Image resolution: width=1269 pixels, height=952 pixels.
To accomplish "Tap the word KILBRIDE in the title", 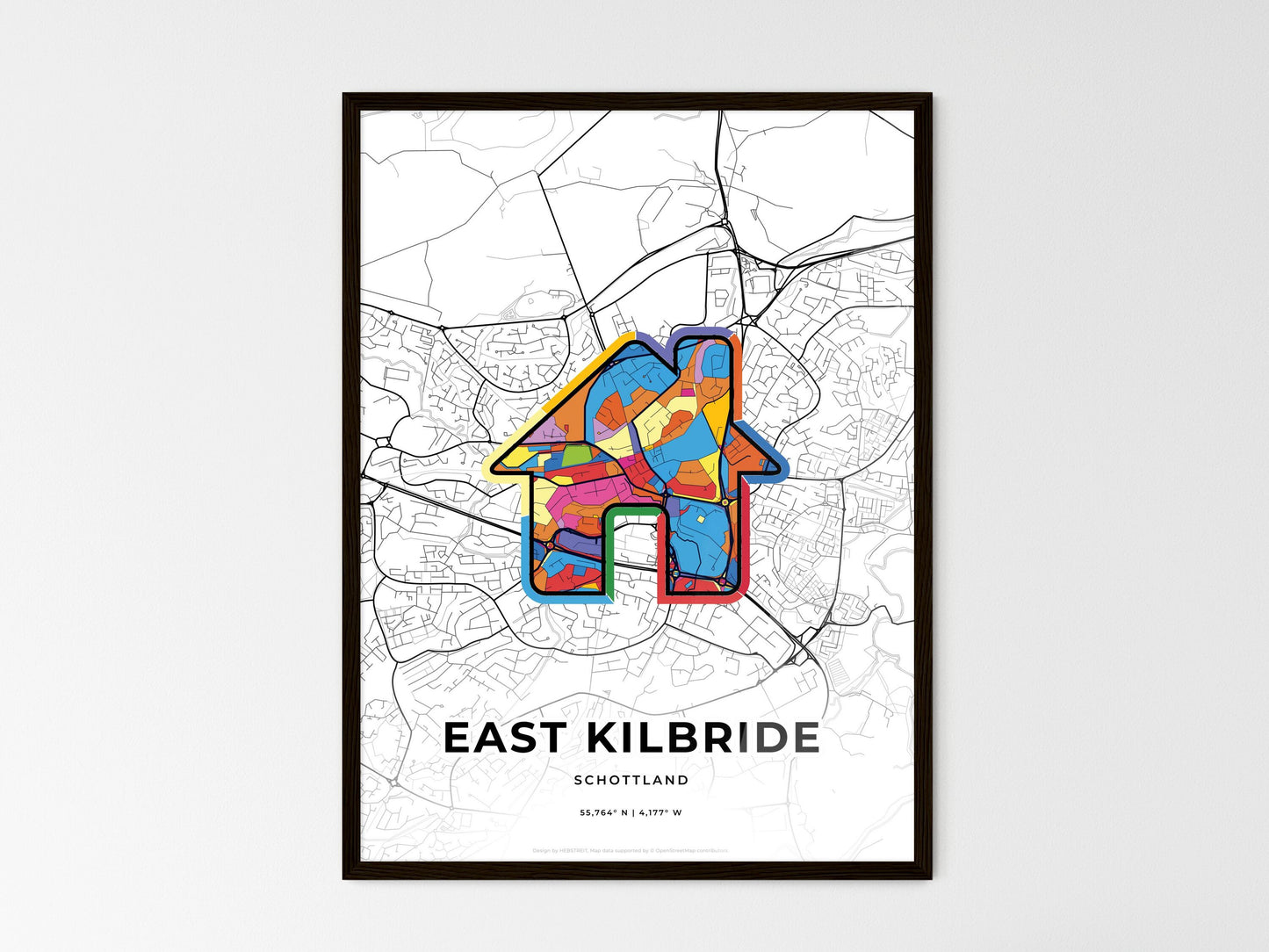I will coord(702,739).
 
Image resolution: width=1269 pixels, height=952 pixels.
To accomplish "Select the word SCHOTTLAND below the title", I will coord(631,780).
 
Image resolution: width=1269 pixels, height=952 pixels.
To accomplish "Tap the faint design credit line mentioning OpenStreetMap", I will coord(631,850).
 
